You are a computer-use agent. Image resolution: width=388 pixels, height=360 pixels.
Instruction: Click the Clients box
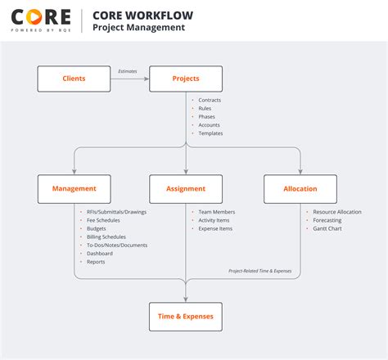coord(74,79)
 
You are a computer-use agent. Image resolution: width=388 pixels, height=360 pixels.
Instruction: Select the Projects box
coord(186,79)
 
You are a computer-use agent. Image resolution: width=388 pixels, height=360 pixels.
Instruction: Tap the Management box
coord(74,188)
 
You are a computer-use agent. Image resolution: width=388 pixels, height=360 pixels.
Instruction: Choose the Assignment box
coord(186,188)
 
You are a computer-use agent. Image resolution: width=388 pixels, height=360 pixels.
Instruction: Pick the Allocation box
coord(300,188)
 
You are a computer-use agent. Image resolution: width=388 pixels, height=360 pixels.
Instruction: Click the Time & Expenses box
coord(186,316)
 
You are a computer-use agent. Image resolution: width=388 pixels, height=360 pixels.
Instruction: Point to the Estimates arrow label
coord(129,71)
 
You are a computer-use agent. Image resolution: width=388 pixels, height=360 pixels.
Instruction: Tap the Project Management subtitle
coord(138,28)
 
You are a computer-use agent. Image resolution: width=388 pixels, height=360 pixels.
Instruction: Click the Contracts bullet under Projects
coord(210,100)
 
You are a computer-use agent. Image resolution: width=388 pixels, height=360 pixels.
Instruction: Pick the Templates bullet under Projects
coord(210,133)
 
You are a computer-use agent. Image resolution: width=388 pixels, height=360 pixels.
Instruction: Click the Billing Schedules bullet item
coord(106,236)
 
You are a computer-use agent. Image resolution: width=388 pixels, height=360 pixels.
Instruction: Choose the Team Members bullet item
coord(215,212)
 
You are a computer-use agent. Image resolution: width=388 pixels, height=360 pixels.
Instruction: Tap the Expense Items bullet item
coord(215,228)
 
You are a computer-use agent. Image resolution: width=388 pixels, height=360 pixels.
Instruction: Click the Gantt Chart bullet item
coord(327,228)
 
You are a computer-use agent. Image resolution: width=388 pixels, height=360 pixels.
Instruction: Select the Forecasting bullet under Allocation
coord(327,220)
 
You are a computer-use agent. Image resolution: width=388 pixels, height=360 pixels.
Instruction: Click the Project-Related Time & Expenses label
coord(259,271)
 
